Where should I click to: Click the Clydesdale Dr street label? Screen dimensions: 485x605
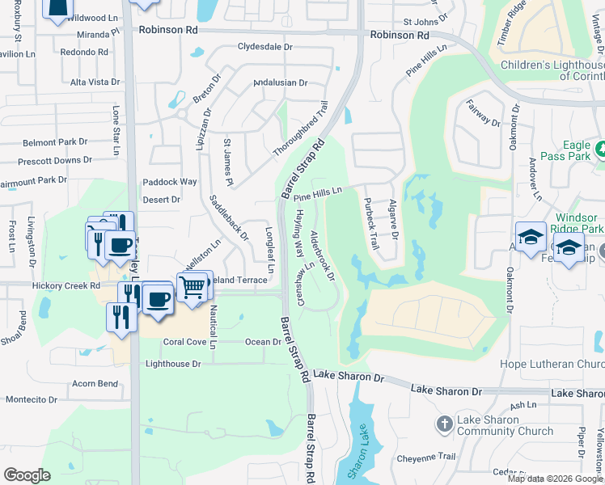tap(264, 47)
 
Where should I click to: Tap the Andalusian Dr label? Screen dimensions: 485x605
tap(281, 82)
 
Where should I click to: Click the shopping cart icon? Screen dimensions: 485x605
tap(192, 287)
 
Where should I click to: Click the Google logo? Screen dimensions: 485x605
tap(27, 475)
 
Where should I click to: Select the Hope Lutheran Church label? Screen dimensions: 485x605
tap(557, 365)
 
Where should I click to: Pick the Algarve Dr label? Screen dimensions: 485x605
tap(394, 218)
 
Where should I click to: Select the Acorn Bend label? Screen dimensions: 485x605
tap(95, 384)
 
